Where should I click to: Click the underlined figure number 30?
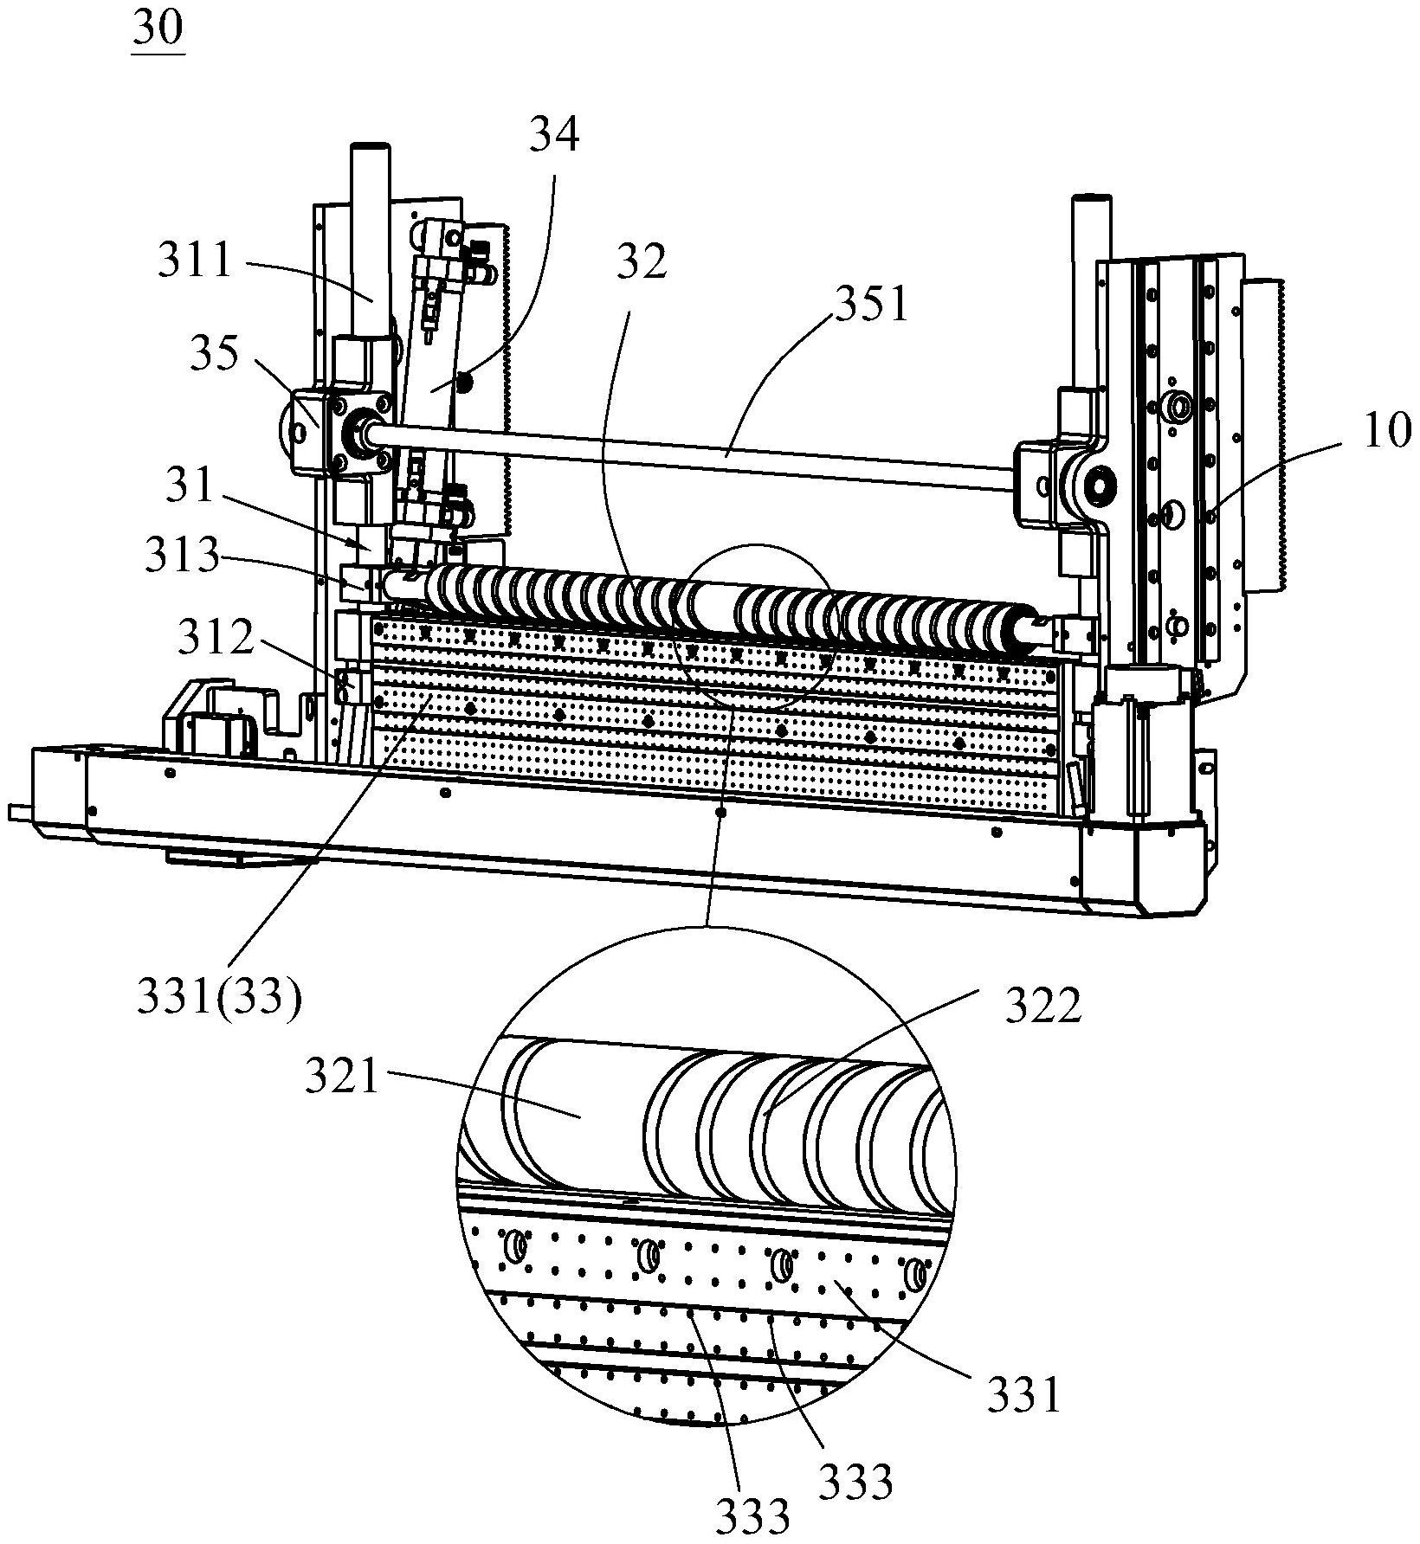[158, 31]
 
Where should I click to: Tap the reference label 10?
[1387, 433]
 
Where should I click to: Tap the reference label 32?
[642, 261]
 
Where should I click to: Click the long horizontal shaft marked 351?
[693, 447]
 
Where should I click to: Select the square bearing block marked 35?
[313, 431]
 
